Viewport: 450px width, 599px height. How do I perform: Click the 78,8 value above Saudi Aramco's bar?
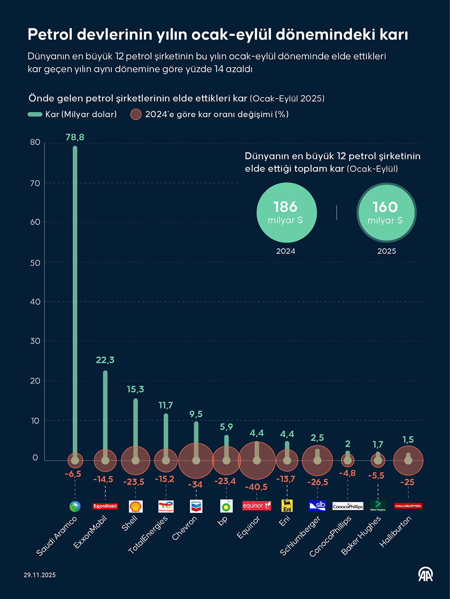click(x=75, y=137)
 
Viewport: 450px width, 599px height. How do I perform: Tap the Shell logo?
click(x=136, y=506)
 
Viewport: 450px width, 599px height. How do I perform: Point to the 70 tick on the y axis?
click(x=35, y=183)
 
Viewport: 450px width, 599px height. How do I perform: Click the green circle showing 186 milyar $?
click(x=286, y=212)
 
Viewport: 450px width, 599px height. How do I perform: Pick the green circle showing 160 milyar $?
click(x=386, y=212)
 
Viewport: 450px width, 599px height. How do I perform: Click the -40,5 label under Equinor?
click(x=256, y=487)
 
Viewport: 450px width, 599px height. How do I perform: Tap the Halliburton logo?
click(x=408, y=506)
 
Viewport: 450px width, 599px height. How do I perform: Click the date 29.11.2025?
click(x=40, y=575)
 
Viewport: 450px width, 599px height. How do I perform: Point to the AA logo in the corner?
click(x=425, y=574)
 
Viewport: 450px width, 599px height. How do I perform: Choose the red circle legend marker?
click(x=136, y=114)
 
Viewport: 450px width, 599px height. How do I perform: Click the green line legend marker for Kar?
click(x=35, y=114)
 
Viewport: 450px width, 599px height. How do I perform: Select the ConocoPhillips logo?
click(x=348, y=506)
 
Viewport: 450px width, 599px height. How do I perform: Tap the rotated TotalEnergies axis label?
click(x=148, y=535)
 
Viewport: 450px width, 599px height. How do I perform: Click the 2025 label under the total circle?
click(x=387, y=251)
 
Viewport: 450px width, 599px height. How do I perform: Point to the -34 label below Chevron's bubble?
click(x=195, y=485)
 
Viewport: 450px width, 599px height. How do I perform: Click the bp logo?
click(x=226, y=506)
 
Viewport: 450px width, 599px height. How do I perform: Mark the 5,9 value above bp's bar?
click(x=226, y=427)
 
